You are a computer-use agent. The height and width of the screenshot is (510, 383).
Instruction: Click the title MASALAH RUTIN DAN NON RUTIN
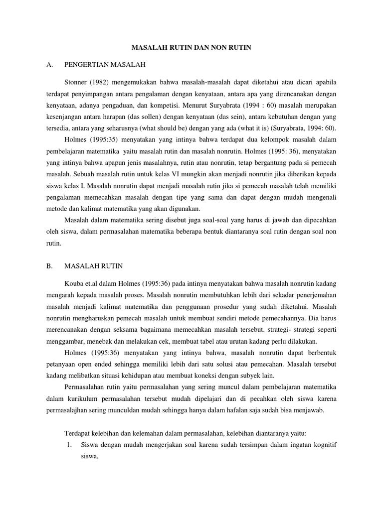tap(191, 48)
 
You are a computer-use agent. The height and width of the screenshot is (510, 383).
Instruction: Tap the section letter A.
tap(49, 65)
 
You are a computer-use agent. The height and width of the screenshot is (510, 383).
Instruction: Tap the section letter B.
tap(49, 266)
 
